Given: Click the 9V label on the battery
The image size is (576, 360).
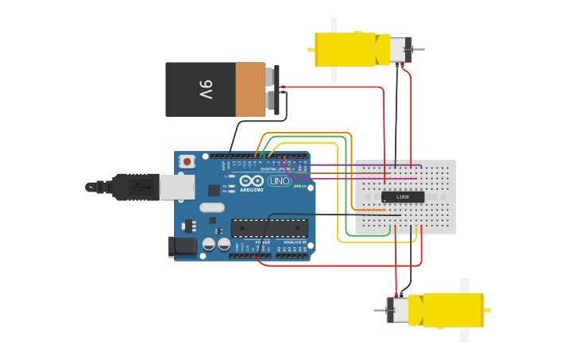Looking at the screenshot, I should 206,89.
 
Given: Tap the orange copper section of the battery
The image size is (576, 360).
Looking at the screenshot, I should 249,89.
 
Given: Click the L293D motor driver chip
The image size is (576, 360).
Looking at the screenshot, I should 403,197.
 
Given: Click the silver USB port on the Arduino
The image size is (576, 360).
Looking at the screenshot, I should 176,187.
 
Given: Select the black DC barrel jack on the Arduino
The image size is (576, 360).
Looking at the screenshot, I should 183,246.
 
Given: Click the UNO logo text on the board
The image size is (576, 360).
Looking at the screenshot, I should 279,181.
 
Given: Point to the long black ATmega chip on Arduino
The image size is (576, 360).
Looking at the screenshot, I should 269,229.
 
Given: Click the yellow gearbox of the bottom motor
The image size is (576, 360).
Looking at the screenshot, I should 453,310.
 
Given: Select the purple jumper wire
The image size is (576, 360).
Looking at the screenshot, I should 358,166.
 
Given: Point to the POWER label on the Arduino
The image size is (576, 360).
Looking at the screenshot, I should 262,242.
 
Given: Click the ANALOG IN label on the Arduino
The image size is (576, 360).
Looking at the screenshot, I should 296,242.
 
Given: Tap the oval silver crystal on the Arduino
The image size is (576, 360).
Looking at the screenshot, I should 211,207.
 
